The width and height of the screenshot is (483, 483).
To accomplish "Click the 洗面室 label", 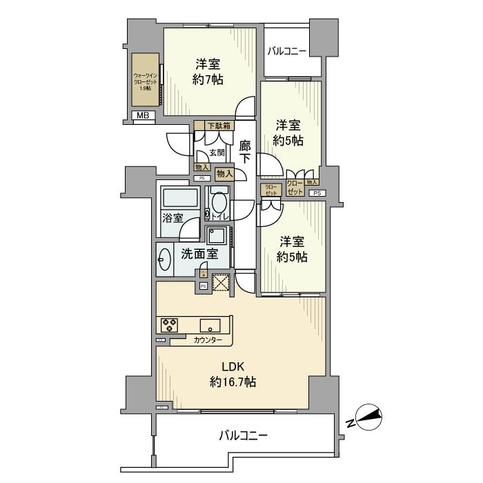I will click(x=199, y=253).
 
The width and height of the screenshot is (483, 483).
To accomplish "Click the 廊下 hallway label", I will click(x=245, y=152).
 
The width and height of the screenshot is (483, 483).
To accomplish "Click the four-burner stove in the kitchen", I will click(x=170, y=324).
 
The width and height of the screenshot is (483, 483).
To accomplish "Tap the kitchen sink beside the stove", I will click(x=210, y=325).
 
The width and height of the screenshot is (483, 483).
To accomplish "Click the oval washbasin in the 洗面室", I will click(x=165, y=259).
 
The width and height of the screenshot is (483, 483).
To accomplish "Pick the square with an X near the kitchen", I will click(x=221, y=282).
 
